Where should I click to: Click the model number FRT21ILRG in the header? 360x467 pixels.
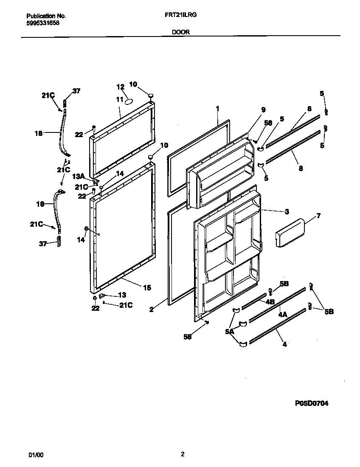coord(180,14)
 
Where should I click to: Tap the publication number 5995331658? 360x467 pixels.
coord(42,23)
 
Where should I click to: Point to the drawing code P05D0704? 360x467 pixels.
coord(312,404)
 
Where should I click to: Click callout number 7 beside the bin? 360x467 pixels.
coord(318,216)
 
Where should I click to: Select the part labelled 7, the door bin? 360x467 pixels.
coord(290,233)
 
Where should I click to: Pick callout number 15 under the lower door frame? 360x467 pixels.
coord(146,288)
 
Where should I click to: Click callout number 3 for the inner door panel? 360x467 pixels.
coord(287,211)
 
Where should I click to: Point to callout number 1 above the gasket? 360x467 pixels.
coord(217,109)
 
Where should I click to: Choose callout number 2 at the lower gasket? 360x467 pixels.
coord(151,309)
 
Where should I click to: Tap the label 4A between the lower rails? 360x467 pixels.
coord(283,315)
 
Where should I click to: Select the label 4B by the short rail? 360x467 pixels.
coord(270,302)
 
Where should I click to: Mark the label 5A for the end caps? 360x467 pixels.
coord(230,332)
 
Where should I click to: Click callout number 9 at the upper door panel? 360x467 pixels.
coord(263,110)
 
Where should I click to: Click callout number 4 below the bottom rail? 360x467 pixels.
coord(284,345)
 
